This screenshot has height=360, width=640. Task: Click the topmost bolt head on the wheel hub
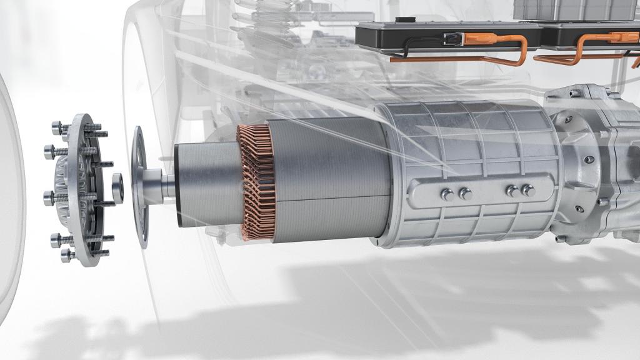(x=57, y=127)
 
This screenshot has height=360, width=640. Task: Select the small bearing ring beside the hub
(x=117, y=187)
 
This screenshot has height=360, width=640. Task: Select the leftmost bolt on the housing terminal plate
(x=447, y=194)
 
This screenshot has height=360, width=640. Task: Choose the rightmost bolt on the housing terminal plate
(x=528, y=190)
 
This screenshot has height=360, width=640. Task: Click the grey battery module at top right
(x=575, y=9)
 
